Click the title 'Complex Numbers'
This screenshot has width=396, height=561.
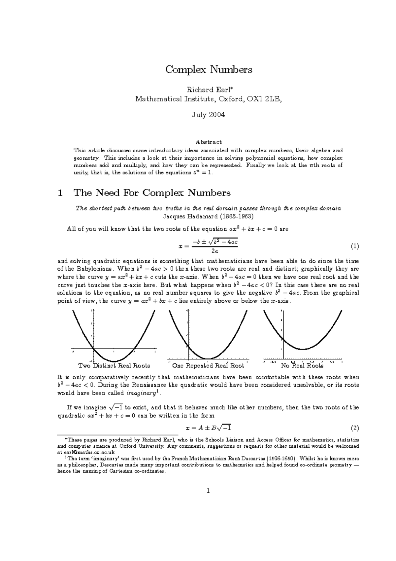pyautogui.click(x=209, y=70)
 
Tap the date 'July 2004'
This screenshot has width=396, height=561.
pyautogui.click(x=208, y=115)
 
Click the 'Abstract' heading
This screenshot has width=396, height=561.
pyautogui.click(x=209, y=142)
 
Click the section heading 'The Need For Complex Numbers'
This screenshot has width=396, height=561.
pyautogui.click(x=152, y=193)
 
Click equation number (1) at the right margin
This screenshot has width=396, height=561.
pyautogui.click(x=355, y=246)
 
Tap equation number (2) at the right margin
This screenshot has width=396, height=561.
pyautogui.click(x=355, y=429)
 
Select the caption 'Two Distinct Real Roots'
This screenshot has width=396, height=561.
pyautogui.click(x=114, y=366)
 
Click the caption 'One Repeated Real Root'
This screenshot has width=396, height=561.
pyautogui.click(x=208, y=366)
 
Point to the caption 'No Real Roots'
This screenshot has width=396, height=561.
pyautogui.click(x=302, y=366)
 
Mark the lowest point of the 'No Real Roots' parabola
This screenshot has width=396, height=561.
pyautogui.click(x=302, y=349)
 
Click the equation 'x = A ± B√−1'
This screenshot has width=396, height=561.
pyautogui.click(x=208, y=429)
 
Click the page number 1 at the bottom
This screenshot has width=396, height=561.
pyautogui.click(x=208, y=491)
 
